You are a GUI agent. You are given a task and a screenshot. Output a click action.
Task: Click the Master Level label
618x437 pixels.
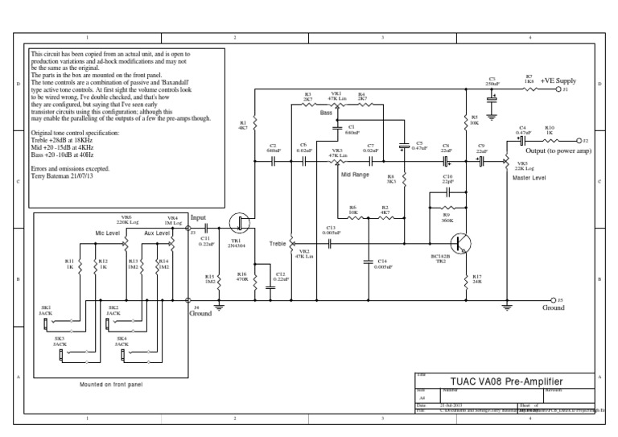529,178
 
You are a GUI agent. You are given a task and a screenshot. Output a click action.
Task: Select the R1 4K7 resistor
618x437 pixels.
253,125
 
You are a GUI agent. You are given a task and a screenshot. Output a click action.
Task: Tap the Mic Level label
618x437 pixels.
109,233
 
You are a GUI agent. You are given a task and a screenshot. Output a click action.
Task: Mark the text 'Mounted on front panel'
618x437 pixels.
111,384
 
